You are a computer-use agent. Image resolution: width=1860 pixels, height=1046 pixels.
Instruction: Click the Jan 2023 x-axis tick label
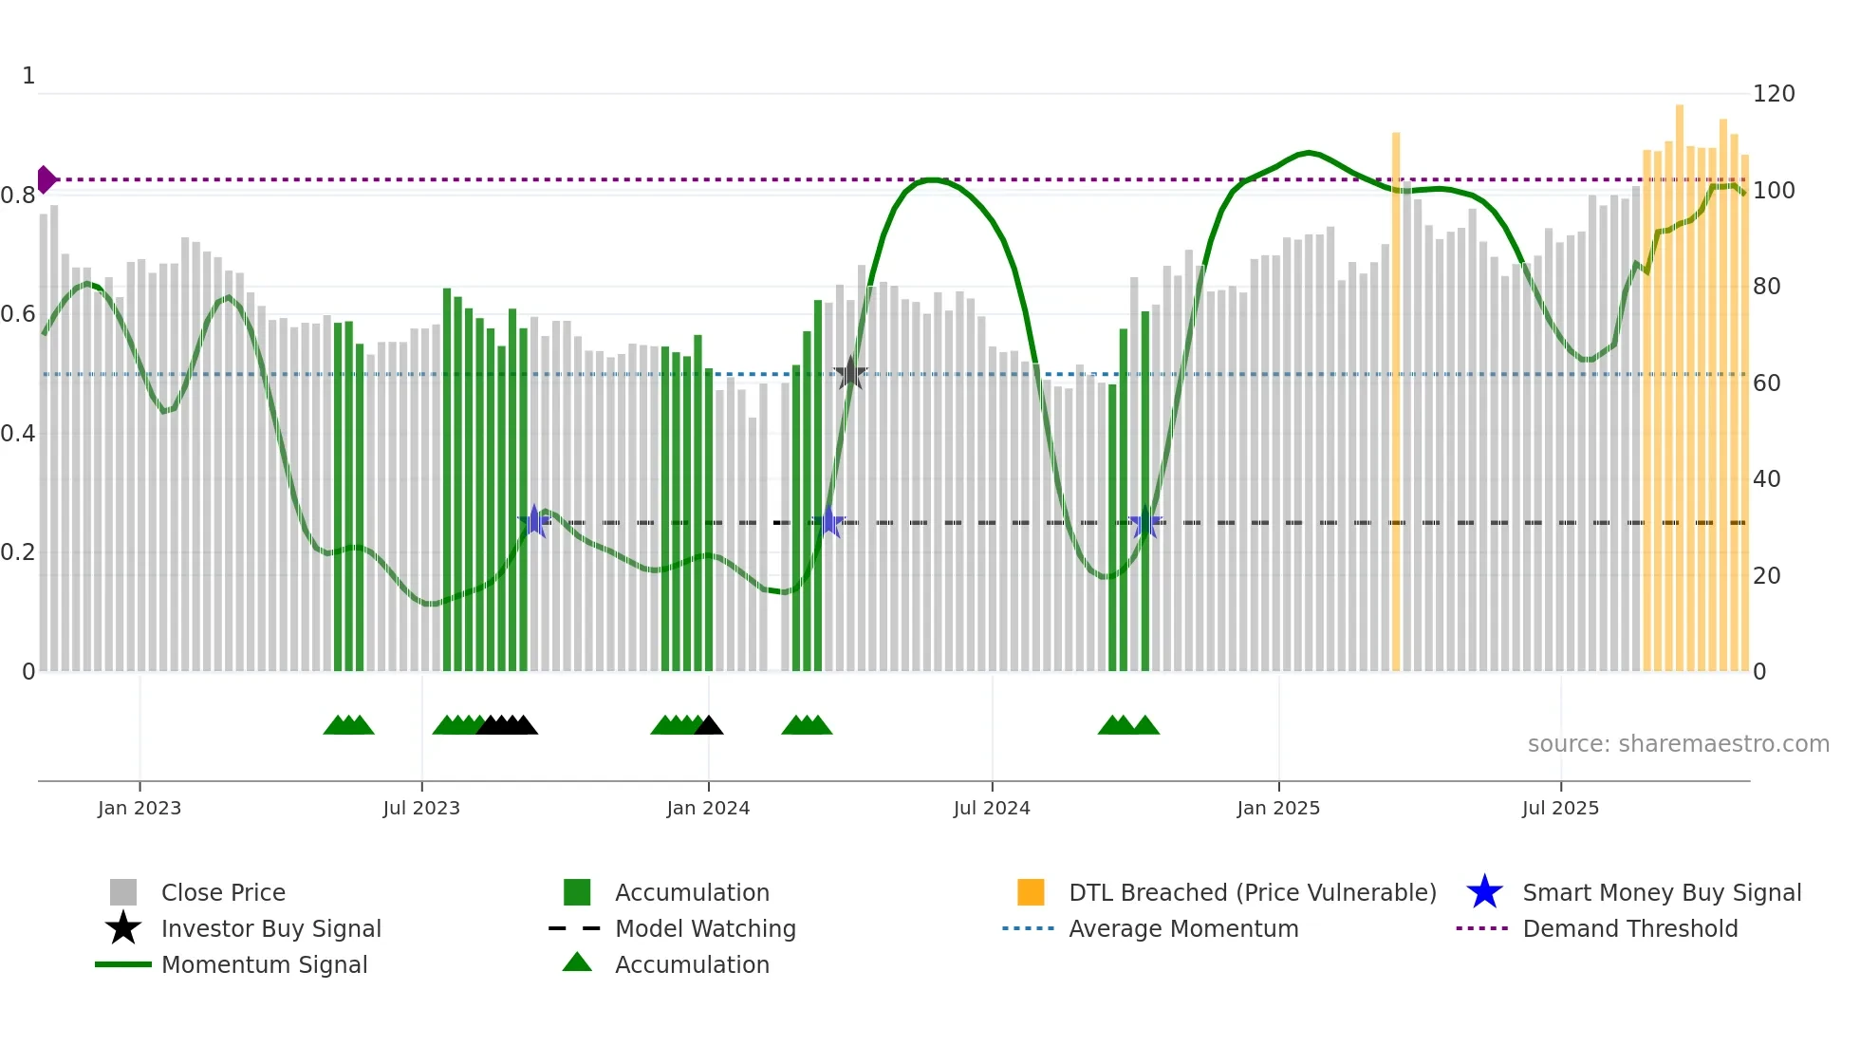[139, 808]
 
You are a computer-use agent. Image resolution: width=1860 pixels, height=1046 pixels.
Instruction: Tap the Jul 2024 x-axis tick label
[992, 808]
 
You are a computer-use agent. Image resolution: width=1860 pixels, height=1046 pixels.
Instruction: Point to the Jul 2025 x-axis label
[1560, 808]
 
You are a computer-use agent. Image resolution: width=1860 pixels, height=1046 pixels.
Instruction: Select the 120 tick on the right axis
[1774, 94]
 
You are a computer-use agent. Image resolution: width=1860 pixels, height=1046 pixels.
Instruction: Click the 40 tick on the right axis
[1766, 479]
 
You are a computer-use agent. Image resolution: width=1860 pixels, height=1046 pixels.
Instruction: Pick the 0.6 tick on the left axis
[18, 314]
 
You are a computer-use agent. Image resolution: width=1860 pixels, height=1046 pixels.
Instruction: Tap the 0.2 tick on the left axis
[18, 552]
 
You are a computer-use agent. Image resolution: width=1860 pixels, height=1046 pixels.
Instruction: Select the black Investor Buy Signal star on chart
[850, 374]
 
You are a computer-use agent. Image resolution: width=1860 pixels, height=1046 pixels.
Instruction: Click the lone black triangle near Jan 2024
[709, 726]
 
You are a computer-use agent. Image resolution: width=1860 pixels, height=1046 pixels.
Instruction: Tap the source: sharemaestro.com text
[1678, 744]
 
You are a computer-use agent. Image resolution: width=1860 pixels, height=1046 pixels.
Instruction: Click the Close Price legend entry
[223, 893]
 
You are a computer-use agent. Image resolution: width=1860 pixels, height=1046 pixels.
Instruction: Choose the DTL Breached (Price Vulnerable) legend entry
[1252, 893]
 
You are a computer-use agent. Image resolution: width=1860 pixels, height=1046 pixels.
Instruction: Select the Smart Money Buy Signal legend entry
[1661, 893]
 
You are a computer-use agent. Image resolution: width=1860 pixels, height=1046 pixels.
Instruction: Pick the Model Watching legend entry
[705, 929]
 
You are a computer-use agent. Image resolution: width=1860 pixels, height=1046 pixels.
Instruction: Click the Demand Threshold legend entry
[1629, 929]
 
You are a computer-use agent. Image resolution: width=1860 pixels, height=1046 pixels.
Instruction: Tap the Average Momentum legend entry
[1183, 929]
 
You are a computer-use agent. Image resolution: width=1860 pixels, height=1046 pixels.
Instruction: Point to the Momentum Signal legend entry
[264, 965]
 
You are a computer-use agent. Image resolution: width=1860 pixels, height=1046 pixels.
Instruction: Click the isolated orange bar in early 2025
[1396, 399]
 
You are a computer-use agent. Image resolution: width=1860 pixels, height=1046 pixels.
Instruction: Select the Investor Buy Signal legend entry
[270, 929]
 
